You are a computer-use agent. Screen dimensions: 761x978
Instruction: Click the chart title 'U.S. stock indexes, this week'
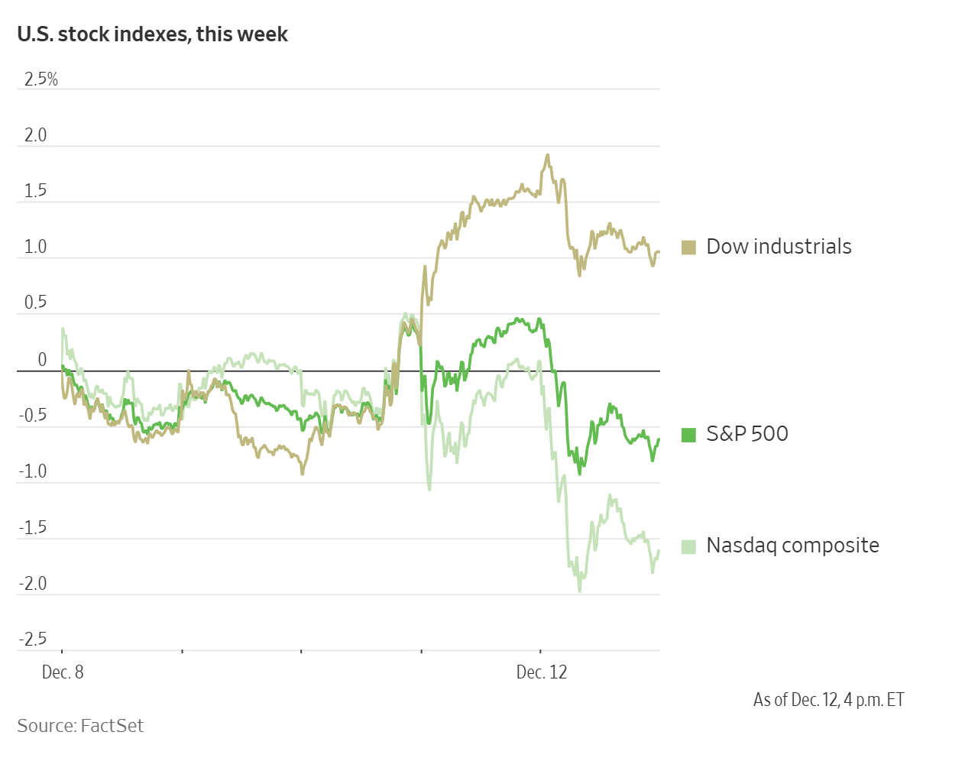pos(152,34)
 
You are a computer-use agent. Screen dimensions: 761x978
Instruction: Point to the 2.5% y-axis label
pos(41,79)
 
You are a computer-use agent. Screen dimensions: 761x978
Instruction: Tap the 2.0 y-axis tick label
pos(36,135)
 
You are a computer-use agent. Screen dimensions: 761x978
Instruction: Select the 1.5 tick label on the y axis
pos(36,191)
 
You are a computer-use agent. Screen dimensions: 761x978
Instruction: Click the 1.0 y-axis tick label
pos(36,247)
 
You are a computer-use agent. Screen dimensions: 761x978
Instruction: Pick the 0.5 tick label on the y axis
pos(36,303)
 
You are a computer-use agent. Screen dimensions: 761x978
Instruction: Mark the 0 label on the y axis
pos(42,359)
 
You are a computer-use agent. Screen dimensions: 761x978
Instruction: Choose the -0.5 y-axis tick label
pos(33,416)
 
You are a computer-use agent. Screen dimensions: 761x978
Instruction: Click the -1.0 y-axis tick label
pos(33,471)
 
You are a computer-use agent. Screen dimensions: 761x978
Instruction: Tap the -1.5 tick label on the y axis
pos(33,527)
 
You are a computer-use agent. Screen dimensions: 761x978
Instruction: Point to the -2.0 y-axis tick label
pos(33,584)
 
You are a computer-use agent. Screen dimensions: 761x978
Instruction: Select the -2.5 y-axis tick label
pos(33,640)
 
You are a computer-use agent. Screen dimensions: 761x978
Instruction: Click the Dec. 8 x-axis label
pos(63,672)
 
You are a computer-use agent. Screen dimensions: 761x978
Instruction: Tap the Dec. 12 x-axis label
pos(542,672)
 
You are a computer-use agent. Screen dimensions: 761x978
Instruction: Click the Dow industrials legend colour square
pos(688,248)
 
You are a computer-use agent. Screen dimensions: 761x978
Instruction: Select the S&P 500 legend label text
pos(746,434)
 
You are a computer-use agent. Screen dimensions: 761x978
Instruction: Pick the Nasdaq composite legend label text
pos(792,546)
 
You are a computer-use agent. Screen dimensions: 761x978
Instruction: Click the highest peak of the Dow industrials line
pos(547,155)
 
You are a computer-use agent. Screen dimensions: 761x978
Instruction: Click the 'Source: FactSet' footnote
pos(80,726)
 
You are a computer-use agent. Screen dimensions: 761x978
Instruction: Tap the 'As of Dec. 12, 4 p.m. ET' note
pos(828,700)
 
